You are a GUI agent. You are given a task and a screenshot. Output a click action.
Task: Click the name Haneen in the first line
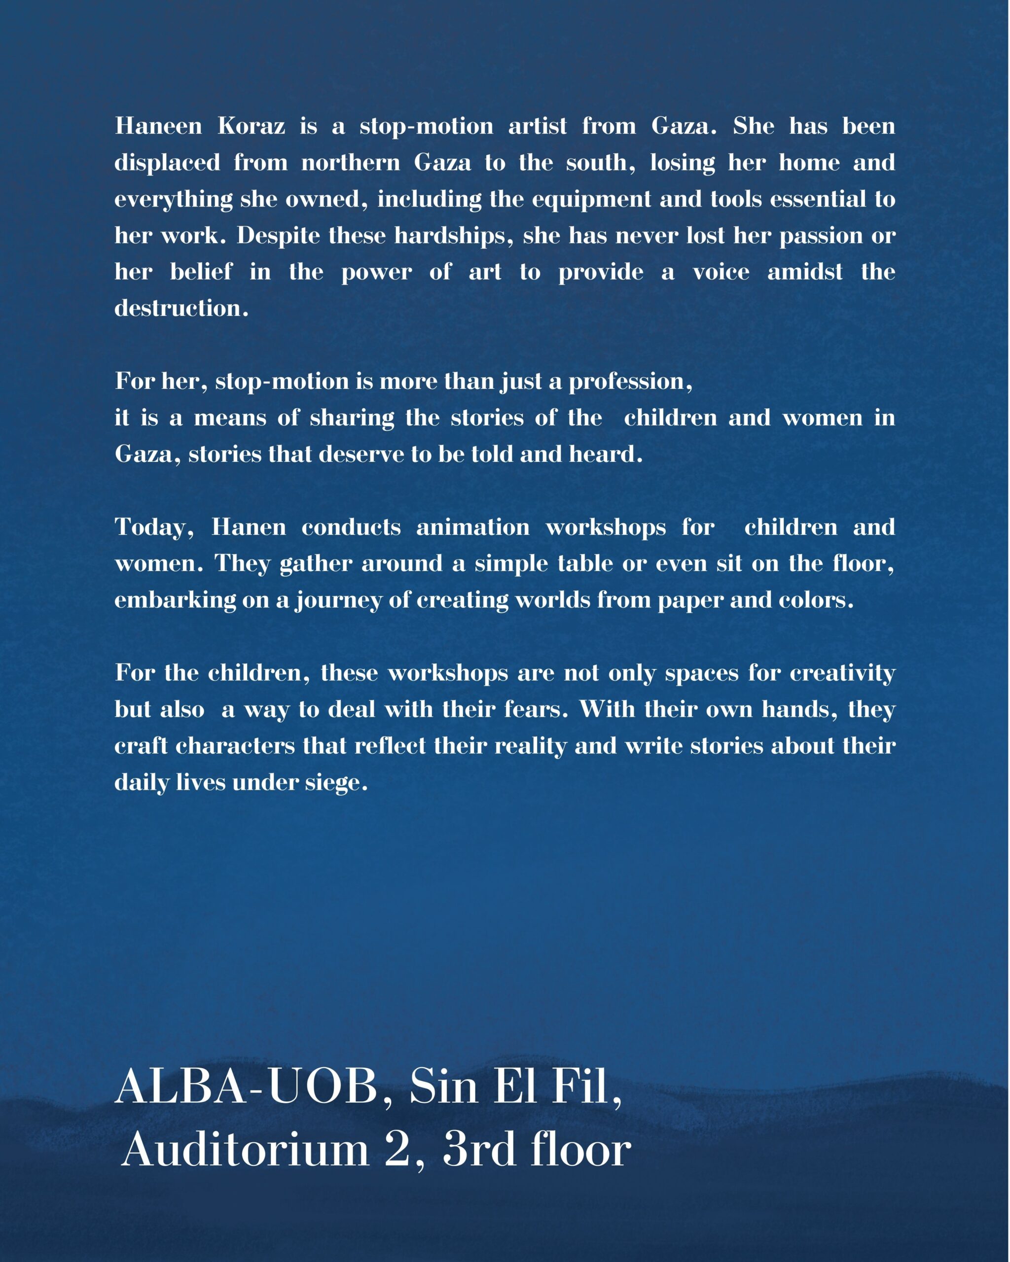click(x=158, y=126)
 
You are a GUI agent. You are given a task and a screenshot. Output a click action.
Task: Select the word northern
click(x=350, y=162)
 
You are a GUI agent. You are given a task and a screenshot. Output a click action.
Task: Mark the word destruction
click(x=181, y=308)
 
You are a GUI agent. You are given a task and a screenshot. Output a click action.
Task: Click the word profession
click(x=630, y=381)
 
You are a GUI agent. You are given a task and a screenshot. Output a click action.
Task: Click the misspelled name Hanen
click(x=249, y=527)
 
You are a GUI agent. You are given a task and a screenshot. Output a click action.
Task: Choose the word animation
click(x=472, y=527)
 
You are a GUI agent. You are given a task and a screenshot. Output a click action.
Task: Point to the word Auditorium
click(x=246, y=1149)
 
